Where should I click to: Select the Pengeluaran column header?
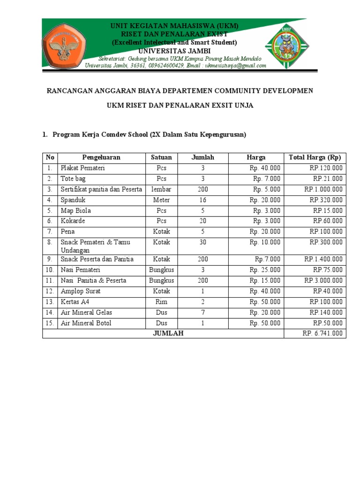click(101, 157)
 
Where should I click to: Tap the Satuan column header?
click(161, 157)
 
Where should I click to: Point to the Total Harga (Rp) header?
click(315, 157)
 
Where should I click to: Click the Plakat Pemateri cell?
click(82, 168)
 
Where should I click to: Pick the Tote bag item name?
click(73, 179)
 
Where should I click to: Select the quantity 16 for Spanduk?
click(202, 200)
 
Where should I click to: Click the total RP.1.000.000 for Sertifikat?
click(323, 189)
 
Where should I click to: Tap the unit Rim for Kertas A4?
click(161, 302)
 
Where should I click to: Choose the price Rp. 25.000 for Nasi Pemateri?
click(265, 270)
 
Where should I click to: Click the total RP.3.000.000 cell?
click(323, 281)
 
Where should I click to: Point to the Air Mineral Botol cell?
click(86, 323)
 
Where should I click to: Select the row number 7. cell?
click(50, 232)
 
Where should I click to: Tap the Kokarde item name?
click(73, 221)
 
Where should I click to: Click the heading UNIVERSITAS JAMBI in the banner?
click(174, 51)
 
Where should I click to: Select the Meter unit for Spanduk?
click(161, 200)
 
